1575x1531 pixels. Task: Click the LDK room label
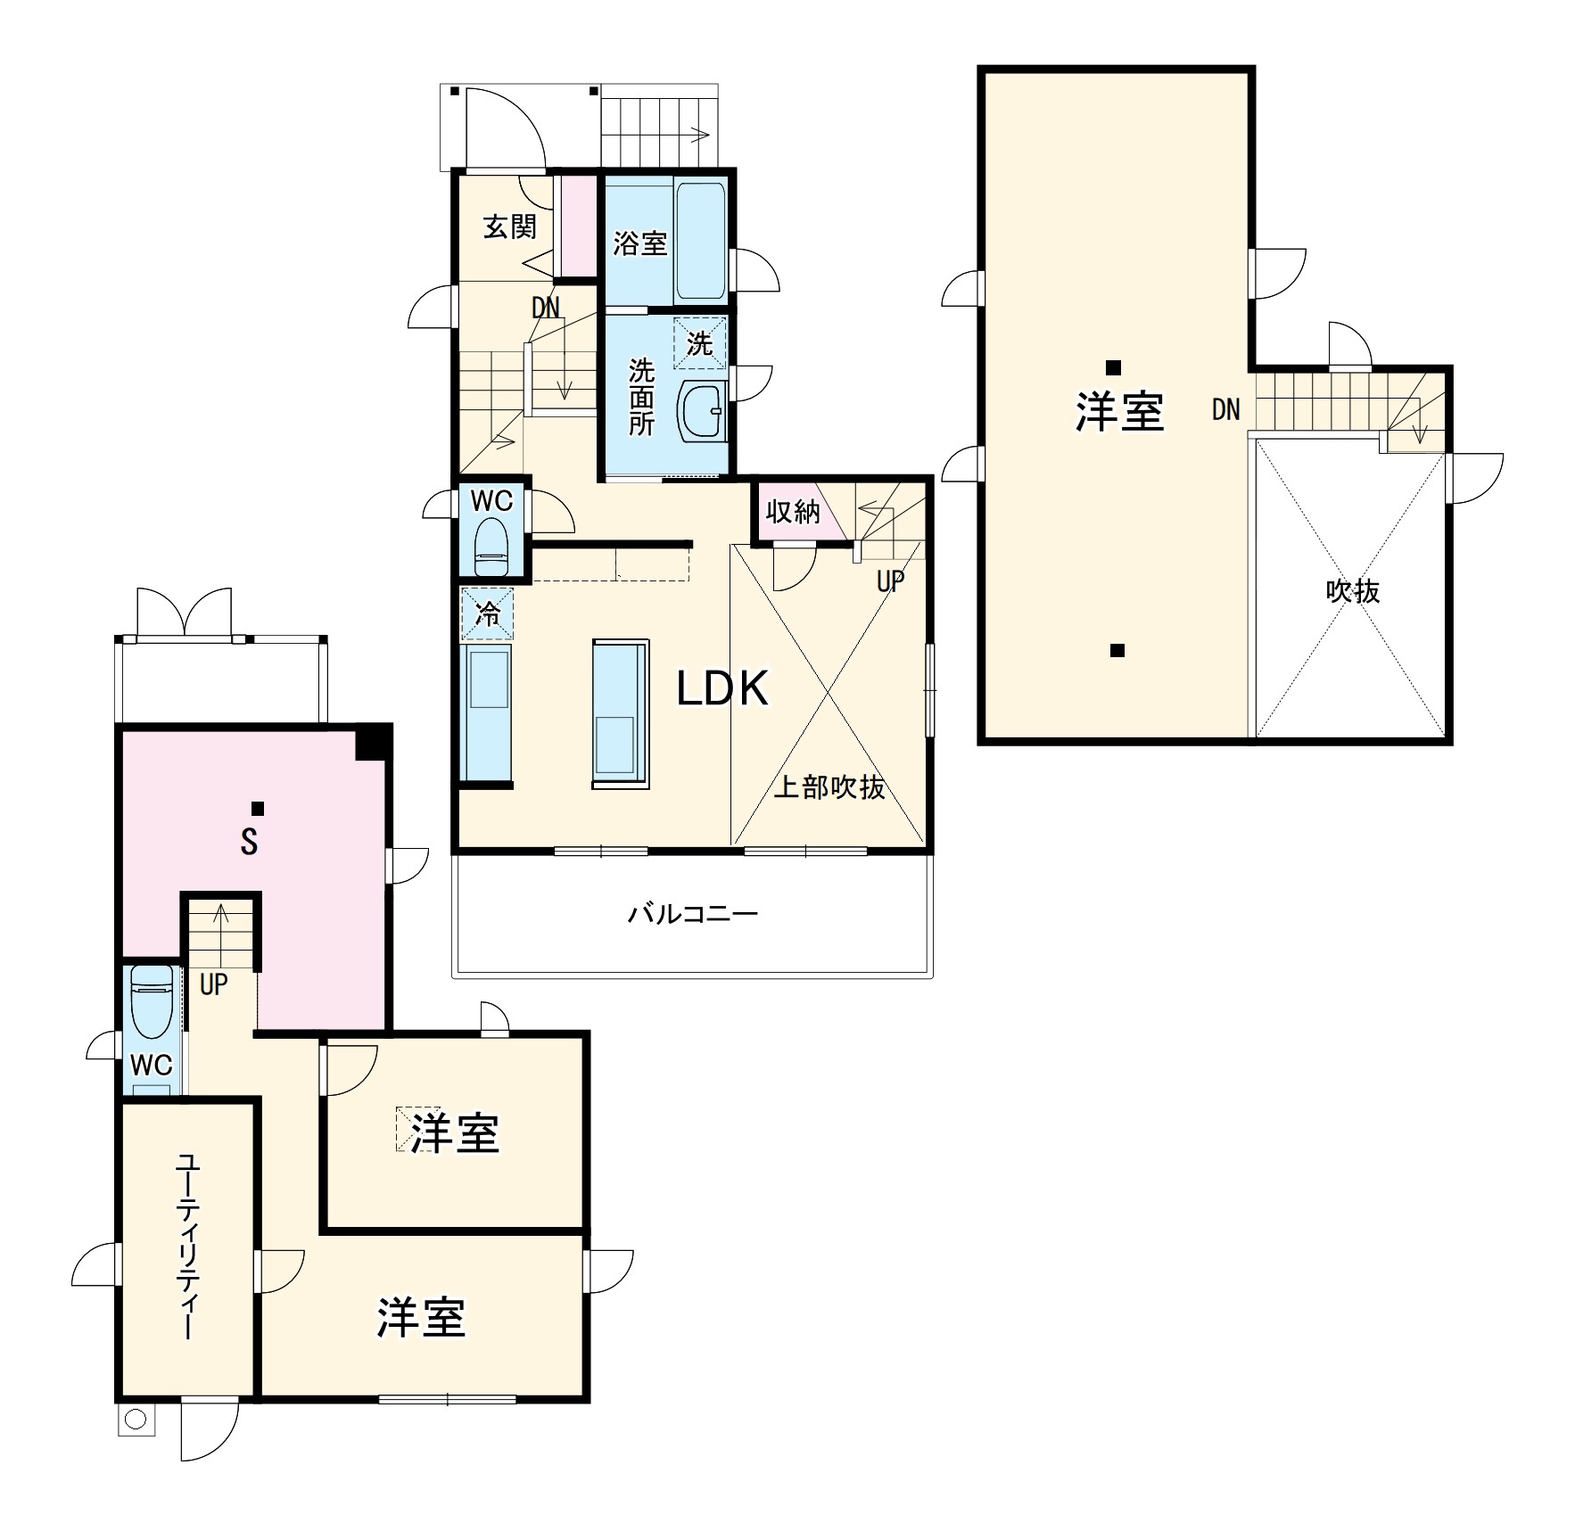pyautogui.click(x=722, y=688)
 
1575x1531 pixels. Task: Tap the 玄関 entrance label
pyautogui.click(x=510, y=226)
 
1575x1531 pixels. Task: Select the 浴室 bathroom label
pyautogui.click(x=639, y=243)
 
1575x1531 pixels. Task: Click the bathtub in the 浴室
pyautogui.click(x=700, y=242)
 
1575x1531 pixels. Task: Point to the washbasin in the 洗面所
pyautogui.click(x=703, y=411)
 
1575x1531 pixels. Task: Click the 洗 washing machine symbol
pyautogui.click(x=700, y=342)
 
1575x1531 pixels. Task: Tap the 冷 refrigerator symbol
pyautogui.click(x=487, y=613)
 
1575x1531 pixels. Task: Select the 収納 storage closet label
pyautogui.click(x=793, y=511)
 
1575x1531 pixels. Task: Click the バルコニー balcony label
pyautogui.click(x=693, y=914)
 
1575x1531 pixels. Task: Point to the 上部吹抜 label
pyautogui.click(x=829, y=786)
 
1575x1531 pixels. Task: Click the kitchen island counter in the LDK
pyautogui.click(x=620, y=713)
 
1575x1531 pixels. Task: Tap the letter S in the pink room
pyautogui.click(x=250, y=842)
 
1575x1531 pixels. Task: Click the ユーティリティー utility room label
pyautogui.click(x=186, y=1247)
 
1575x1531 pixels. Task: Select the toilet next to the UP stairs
pyautogui.click(x=152, y=1002)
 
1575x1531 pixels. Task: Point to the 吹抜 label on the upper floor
pyautogui.click(x=1353, y=591)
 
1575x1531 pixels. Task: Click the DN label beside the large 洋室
pyautogui.click(x=1225, y=409)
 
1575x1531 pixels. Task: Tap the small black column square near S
pyautogui.click(x=258, y=809)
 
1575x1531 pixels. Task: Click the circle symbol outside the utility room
pyautogui.click(x=136, y=1419)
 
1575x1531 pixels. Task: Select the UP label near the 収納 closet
pyautogui.click(x=890, y=581)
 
